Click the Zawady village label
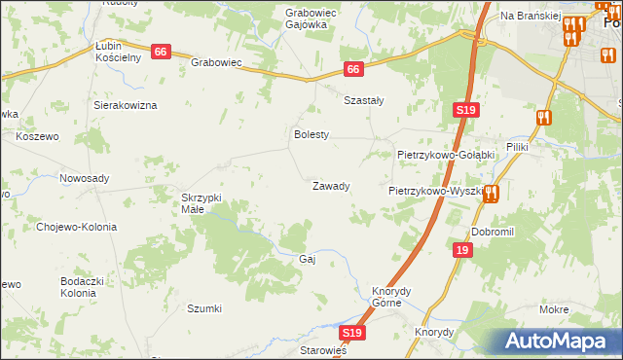tap(331, 186)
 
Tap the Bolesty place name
tap(312, 134)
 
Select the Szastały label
tap(365, 100)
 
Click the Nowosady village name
tap(85, 178)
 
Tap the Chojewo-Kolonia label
tap(76, 227)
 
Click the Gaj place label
tap(308, 259)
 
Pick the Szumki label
tap(204, 308)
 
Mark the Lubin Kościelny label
tap(119, 52)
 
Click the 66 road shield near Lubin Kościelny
tap(162, 52)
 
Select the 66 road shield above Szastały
tap(353, 69)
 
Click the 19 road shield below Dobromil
tap(461, 250)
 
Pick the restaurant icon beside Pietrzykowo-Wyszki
tap(493, 193)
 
